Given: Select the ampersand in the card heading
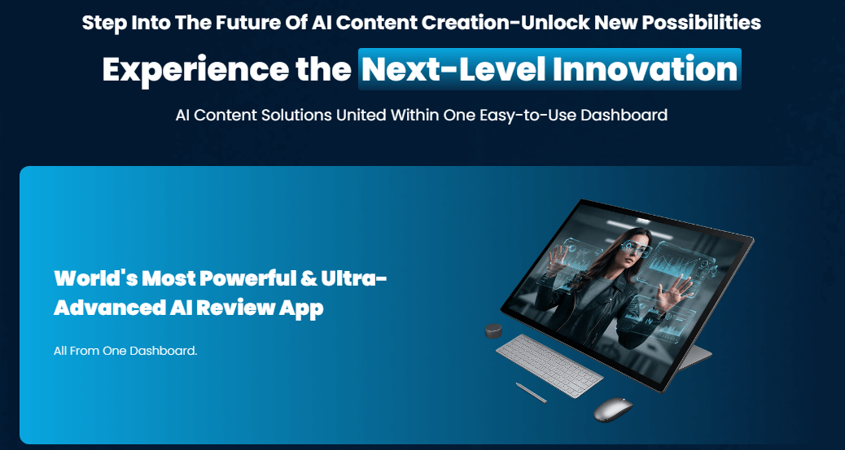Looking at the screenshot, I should click(309, 279).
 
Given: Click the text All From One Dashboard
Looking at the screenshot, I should click(126, 351).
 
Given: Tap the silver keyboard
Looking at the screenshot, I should click(549, 367).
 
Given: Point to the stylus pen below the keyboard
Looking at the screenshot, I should click(531, 392).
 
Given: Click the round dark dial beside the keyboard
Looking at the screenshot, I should click(493, 331).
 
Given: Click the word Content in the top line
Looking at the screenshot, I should click(377, 22).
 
